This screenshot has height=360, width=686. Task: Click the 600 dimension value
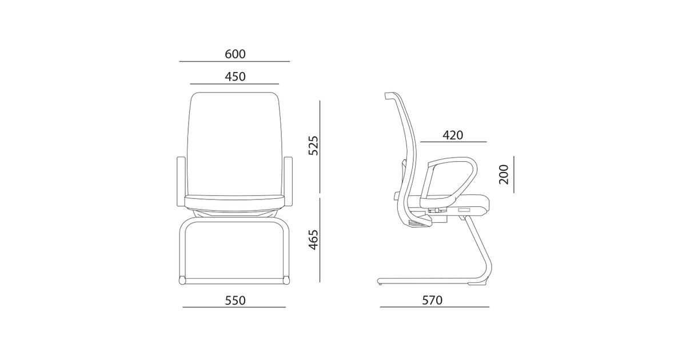[x=235, y=54]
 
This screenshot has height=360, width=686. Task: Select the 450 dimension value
[x=235, y=77]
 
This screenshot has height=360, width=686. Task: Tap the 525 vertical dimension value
[x=313, y=146]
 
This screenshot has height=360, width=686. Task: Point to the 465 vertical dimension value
[x=313, y=239]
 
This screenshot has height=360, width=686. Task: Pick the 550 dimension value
[x=235, y=301]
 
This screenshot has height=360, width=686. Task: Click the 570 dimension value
[x=432, y=301]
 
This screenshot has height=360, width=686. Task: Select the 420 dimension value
[x=453, y=135]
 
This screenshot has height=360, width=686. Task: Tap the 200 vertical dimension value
[x=504, y=174]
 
